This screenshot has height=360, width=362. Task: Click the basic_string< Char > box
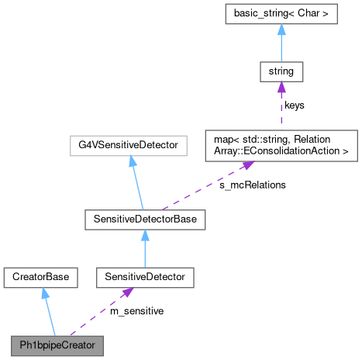click(281, 14)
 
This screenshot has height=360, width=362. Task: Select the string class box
click(281, 72)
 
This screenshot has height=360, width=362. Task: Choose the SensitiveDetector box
click(145, 276)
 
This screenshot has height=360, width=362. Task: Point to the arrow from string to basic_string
click(281, 45)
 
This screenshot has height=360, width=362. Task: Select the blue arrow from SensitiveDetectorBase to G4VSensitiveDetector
click(138, 182)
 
